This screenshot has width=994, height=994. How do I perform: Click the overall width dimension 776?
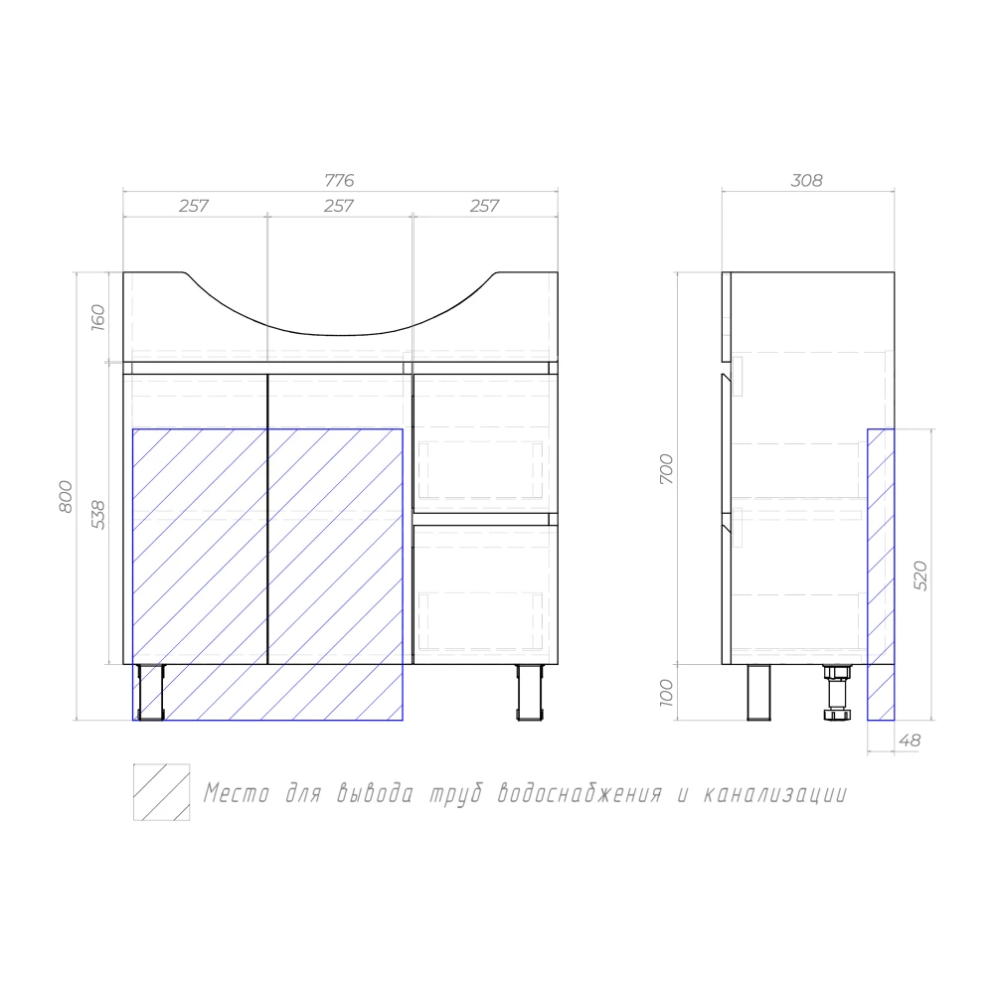pyautogui.click(x=339, y=181)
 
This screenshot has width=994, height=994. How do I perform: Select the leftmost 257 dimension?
pyautogui.click(x=194, y=206)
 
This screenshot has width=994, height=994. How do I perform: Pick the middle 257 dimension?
pyautogui.click(x=339, y=206)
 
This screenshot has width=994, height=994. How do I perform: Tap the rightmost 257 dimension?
pyautogui.click(x=484, y=206)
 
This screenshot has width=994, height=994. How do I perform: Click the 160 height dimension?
pyautogui.click(x=97, y=317)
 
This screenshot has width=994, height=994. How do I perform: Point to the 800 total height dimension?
pyautogui.click(x=66, y=496)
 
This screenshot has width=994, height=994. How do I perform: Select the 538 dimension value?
pyautogui.click(x=97, y=515)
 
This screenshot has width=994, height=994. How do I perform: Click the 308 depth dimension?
pyautogui.click(x=806, y=181)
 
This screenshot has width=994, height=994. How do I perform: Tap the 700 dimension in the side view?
pyautogui.click(x=666, y=469)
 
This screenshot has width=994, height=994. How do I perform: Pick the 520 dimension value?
pyautogui.click(x=920, y=576)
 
